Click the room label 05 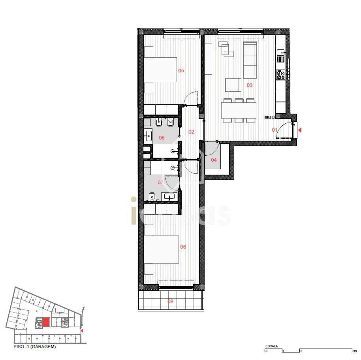181,71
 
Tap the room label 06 183,247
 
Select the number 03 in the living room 250,85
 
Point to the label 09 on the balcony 170,301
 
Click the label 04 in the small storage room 214,160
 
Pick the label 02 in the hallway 191,132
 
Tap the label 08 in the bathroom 162,138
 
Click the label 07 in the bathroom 160,183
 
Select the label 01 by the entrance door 275,130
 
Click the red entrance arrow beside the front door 300,130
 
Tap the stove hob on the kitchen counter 281,75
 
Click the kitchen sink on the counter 281,56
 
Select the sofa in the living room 250,60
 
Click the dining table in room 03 239,110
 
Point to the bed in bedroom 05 160,70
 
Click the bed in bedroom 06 162,249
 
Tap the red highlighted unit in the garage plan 46,322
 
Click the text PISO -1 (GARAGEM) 34,347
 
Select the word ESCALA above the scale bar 272,346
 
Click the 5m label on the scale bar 355,351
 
